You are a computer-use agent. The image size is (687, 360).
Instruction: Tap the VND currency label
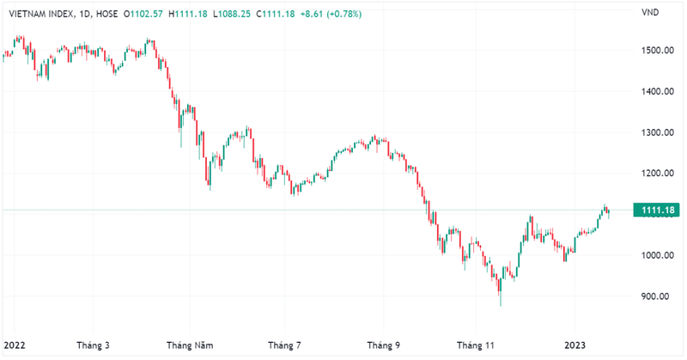pyautogui.click(x=650, y=12)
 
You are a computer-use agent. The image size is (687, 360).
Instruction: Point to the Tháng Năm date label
pyautogui.click(x=189, y=345)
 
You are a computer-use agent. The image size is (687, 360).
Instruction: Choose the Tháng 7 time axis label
pyautogui.click(x=285, y=345)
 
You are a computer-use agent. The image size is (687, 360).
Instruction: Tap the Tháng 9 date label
pyautogui.click(x=384, y=345)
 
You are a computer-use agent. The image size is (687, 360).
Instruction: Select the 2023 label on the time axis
pyautogui.click(x=575, y=345)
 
